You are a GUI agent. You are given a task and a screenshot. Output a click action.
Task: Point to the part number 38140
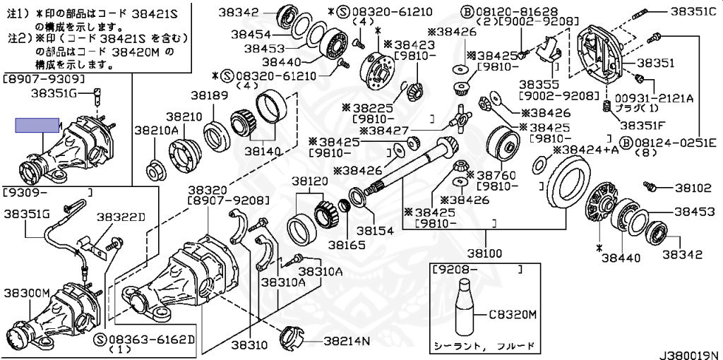pyautogui.click(x=263, y=150)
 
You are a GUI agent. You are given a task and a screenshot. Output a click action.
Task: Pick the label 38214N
pyautogui.click(x=347, y=341)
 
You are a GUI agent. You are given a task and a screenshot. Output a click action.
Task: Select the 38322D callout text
pyautogui.click(x=121, y=217)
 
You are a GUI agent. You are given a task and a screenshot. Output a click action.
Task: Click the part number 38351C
pyautogui.click(x=693, y=12)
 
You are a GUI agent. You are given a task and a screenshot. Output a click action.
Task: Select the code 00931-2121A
pyautogui.click(x=657, y=98)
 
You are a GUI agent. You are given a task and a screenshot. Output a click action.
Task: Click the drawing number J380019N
pyautogui.click(x=689, y=353)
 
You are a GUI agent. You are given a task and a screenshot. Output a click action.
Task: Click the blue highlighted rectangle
pyautogui.click(x=37, y=126)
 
